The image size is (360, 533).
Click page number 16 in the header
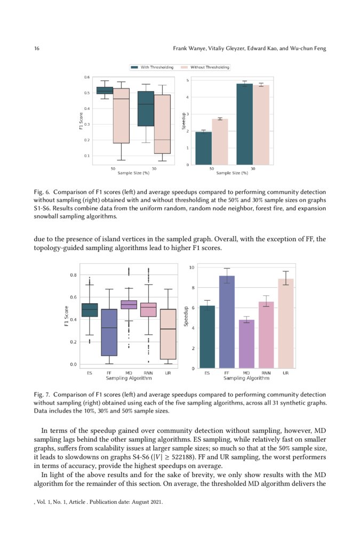37,49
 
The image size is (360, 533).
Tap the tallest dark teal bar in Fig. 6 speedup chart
244,124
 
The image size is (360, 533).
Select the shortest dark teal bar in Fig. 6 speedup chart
203,148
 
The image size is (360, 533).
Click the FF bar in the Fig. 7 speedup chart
227,322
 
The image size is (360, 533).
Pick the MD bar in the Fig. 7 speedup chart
246,344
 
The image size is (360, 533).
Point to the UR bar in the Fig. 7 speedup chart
286,323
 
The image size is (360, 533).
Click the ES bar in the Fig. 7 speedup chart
207,337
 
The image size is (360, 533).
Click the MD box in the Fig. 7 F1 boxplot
129,304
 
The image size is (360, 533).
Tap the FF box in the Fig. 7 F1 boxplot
109,332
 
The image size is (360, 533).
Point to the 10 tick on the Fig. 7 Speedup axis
192,266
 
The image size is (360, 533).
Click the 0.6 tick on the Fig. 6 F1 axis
86,77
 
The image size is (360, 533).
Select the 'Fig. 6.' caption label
43,192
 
